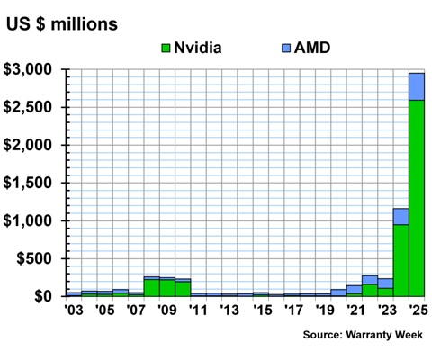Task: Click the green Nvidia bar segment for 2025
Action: coord(417,198)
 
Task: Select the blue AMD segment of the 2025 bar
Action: coord(417,86)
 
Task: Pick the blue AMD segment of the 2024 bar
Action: coord(401,216)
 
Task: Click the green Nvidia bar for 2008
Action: coord(151,287)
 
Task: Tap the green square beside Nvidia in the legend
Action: coord(166,47)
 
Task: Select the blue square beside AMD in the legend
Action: coord(285,47)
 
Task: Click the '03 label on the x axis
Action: coord(73,311)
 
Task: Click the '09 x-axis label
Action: coord(166,311)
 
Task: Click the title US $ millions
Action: coord(62,21)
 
